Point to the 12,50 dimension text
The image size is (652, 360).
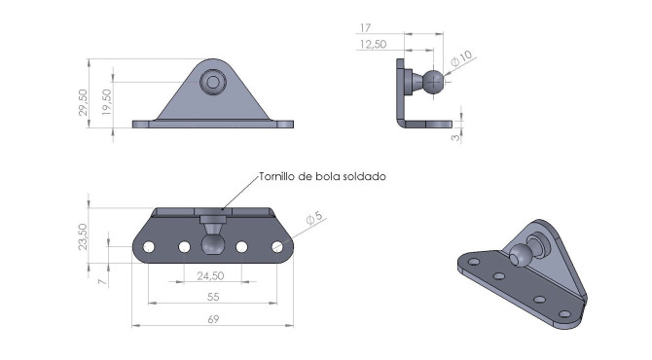(373, 44)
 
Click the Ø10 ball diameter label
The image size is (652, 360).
(461, 59)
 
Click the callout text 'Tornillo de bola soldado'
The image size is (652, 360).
(323, 177)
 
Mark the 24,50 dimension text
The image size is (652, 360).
(211, 276)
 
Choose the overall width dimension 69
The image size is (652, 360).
(213, 319)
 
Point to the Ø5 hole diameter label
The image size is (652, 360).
(314, 222)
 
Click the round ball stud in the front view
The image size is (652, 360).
(211, 83)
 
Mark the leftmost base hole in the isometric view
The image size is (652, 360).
(474, 262)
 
